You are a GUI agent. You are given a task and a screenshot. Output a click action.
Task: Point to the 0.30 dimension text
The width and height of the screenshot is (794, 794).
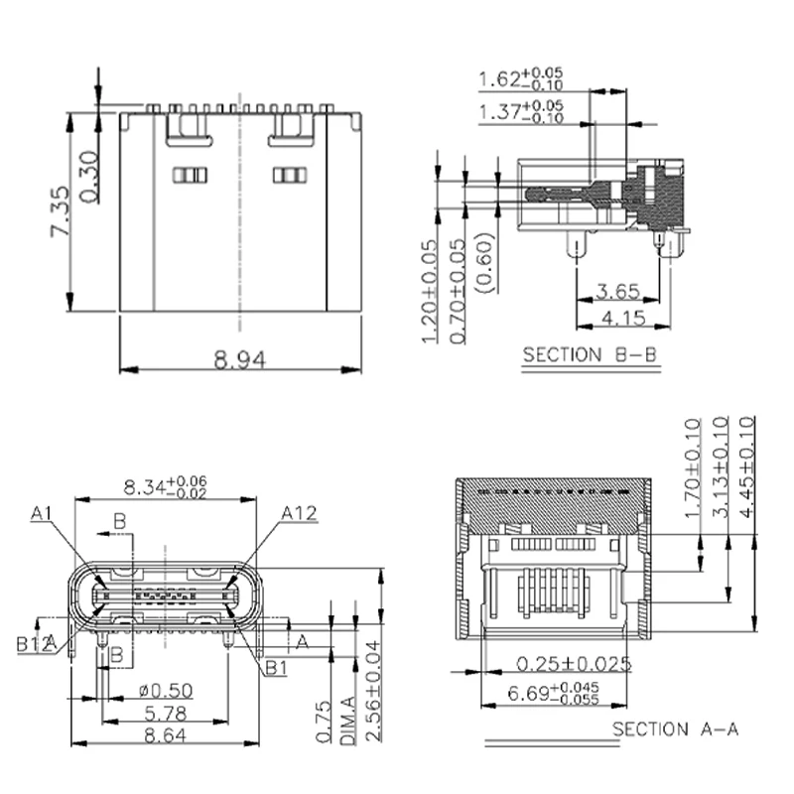point(88,177)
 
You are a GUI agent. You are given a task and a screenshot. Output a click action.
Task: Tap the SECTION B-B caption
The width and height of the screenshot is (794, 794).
point(590,354)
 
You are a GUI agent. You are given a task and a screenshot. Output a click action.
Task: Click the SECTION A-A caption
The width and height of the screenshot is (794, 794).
point(675,729)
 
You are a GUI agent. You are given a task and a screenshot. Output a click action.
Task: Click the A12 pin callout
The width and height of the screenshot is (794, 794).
point(299,513)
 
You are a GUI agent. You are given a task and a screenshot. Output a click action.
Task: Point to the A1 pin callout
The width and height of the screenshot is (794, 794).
point(41,513)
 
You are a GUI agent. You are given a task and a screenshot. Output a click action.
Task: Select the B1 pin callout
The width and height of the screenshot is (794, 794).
point(275,666)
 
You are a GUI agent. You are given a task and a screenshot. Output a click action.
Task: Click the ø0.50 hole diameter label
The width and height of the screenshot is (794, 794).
point(166,690)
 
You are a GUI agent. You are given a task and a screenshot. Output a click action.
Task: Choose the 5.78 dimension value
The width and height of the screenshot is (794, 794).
point(166,713)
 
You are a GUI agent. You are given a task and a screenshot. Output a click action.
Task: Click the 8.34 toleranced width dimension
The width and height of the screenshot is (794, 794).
point(165,487)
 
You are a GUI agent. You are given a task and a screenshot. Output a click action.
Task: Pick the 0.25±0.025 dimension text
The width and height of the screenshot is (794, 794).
point(574,663)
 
